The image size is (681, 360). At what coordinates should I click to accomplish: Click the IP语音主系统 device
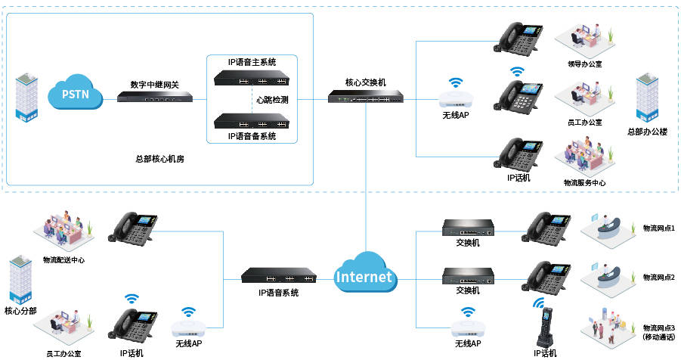tap(252, 77)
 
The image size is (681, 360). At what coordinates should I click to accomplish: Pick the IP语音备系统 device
tap(252, 119)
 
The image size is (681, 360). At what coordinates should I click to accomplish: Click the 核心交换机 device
tap(365, 97)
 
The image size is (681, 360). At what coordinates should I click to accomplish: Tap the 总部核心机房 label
tap(159, 159)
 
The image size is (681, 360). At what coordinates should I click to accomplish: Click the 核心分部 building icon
tap(21, 280)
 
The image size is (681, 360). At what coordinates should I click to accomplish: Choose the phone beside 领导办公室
tap(522, 36)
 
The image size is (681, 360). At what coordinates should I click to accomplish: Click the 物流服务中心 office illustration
tap(584, 157)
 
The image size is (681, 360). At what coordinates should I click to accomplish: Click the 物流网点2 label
tap(658, 278)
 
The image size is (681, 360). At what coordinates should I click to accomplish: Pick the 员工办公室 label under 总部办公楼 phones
tap(584, 122)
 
